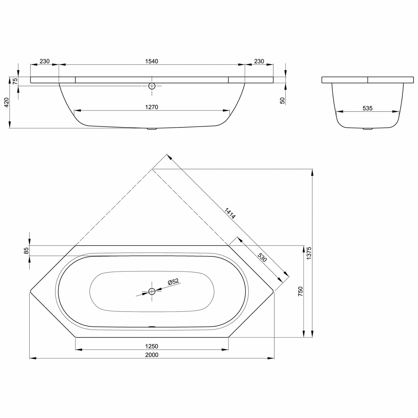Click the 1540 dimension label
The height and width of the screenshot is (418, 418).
[152, 61]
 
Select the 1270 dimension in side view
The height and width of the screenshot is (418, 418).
[152, 107]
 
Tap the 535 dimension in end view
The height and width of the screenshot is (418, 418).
[368, 108]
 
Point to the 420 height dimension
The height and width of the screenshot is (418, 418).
[6, 102]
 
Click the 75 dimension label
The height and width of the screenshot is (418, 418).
[15, 81]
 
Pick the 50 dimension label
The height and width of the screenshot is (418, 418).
[283, 101]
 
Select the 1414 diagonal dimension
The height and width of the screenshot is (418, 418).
[230, 213]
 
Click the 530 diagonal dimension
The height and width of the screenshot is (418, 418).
[262, 257]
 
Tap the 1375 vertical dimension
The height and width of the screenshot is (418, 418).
[309, 253]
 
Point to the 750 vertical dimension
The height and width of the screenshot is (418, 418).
[300, 291]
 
